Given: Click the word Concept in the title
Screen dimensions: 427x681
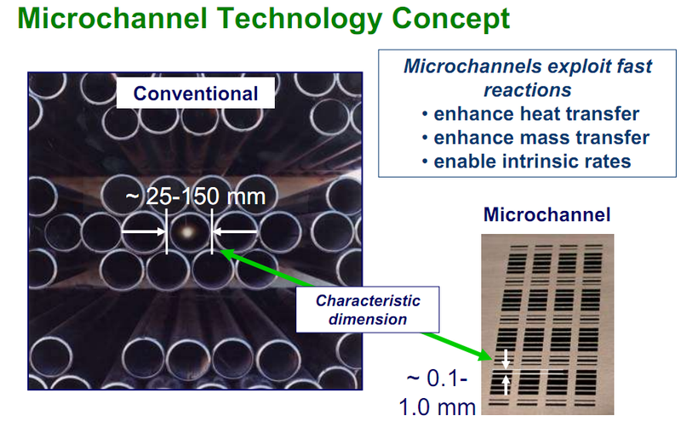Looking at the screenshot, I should tap(444, 19).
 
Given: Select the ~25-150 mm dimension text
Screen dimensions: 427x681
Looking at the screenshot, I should tap(196, 196).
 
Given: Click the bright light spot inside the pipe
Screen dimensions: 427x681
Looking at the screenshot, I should tap(188, 231).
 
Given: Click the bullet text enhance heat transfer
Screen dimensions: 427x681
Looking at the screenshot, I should tap(536, 114).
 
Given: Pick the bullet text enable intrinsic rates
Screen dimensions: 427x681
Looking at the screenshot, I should tap(532, 161).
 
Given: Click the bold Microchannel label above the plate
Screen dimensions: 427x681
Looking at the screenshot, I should tap(547, 215).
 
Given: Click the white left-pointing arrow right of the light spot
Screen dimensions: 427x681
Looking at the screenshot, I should tap(235, 231).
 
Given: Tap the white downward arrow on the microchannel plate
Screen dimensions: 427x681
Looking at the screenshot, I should tap(506, 358).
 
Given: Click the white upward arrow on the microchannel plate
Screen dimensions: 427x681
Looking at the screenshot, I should tap(506, 384).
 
